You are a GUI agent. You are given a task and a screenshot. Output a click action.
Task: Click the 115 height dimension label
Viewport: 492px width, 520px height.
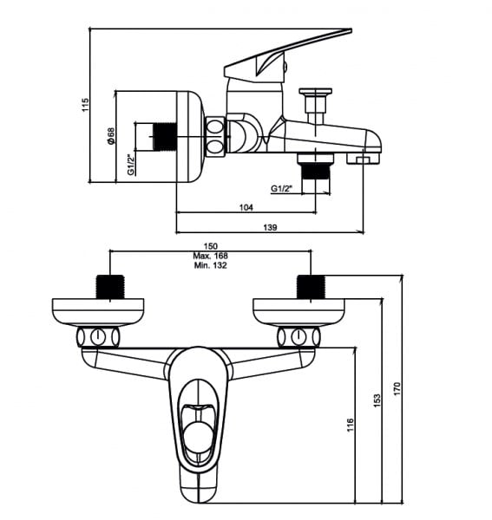pos(85,105)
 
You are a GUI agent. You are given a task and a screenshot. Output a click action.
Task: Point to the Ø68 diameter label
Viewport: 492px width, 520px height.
pos(110,136)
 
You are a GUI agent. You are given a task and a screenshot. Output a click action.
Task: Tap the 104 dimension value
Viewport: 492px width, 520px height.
pos(246,208)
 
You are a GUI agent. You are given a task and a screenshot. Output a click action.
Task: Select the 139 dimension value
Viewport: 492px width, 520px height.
pos(270,227)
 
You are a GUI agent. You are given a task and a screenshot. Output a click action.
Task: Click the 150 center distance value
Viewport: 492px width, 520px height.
pos(211,246)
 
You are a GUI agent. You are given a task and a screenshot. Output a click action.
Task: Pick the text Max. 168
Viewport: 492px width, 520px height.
pos(211,256)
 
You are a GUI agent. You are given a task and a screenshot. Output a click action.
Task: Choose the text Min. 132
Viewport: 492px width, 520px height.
pos(211,265)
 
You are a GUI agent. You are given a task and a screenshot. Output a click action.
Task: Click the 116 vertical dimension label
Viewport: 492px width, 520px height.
pos(351,426)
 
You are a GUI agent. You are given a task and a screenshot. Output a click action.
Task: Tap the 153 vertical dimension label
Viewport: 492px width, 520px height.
pos(377,400)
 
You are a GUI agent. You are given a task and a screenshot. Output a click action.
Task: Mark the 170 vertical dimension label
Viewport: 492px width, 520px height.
pos(397,388)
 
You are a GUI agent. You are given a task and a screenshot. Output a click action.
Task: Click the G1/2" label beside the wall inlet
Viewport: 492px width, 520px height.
pos(132,164)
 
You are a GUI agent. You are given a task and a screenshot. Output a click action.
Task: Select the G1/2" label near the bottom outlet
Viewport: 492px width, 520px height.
pos(281,189)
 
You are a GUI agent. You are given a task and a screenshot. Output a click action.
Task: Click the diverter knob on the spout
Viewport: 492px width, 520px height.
pos(315,91)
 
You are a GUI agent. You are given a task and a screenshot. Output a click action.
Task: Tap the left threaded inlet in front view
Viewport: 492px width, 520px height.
pos(110,287)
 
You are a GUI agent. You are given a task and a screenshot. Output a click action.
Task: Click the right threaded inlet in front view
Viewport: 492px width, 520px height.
pos(311,287)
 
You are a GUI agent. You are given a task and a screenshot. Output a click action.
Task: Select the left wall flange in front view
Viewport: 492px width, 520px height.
pos(98,312)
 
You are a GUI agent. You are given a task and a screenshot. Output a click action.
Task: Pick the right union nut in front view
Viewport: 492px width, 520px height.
pos(298,337)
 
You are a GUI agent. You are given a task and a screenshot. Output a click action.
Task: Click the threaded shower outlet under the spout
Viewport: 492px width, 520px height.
pos(316,172)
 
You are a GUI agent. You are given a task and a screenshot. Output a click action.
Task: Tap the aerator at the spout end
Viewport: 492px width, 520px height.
pos(363,159)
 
